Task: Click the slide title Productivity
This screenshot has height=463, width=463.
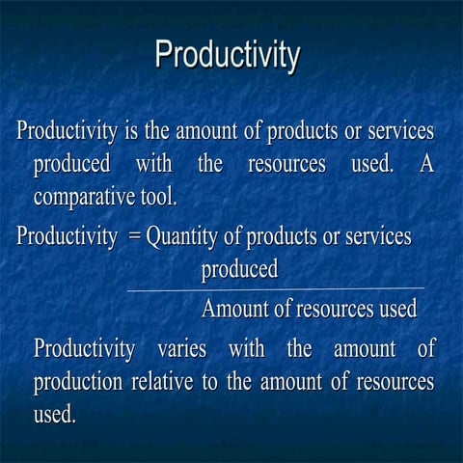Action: (228, 54)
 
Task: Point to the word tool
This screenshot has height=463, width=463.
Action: (157, 199)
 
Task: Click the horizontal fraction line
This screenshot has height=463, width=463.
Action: (275, 288)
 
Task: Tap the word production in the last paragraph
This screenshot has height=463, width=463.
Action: (78, 382)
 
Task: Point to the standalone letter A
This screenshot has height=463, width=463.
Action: (426, 164)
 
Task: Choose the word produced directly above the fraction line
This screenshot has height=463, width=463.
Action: (239, 269)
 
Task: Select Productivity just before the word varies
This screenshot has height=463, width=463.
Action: (83, 347)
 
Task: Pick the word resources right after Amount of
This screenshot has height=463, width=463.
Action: (334, 310)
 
